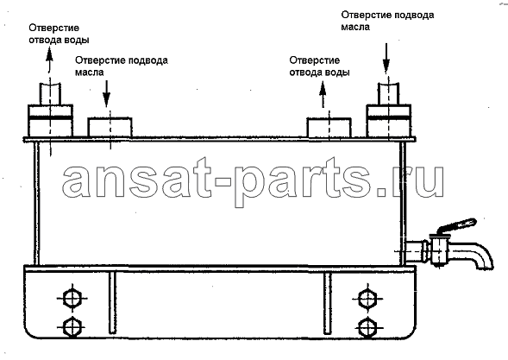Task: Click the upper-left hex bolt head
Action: pos(72,299)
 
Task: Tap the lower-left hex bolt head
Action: pos(72,327)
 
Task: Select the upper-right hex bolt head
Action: pos(367,299)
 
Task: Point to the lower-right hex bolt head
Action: pos(367,327)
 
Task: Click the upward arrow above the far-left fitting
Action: pos(49,60)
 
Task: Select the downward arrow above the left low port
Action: pos(107,92)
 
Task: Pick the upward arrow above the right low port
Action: pos(323,94)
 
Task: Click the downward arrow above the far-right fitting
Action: pos(386,57)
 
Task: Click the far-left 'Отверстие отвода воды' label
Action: pos(59,34)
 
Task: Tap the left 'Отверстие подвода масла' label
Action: pos(122,66)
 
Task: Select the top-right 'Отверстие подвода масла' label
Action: pos(387,21)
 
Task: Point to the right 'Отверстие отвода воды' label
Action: pos(319,66)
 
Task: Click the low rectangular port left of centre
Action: pos(110,127)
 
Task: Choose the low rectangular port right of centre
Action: pos(329,128)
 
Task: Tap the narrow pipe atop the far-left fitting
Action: pos(50,94)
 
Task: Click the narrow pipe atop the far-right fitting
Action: pos(388,93)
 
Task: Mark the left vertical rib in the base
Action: pos(112,302)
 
